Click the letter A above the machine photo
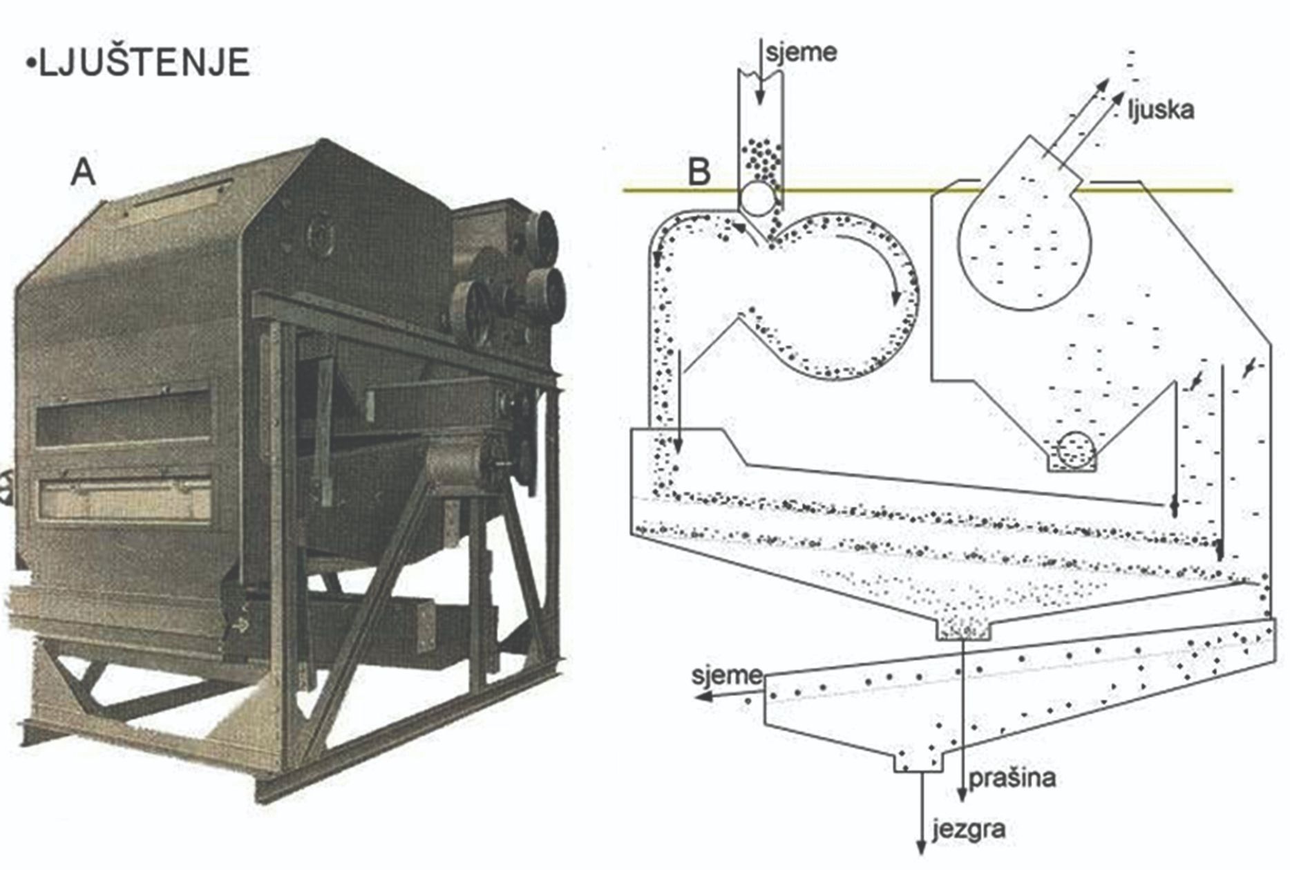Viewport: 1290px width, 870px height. click(83, 171)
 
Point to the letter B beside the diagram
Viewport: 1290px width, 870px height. click(699, 171)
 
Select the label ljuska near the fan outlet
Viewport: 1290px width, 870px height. click(1161, 109)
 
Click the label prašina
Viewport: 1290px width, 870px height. click(1012, 778)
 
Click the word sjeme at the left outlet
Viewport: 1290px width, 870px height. click(726, 675)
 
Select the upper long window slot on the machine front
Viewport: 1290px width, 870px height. click(124, 417)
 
